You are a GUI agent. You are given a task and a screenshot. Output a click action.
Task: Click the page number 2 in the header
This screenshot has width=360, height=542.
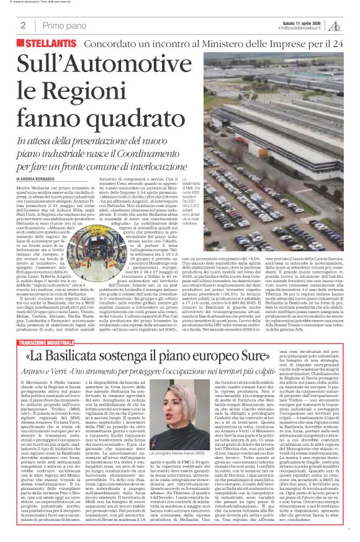(23, 25)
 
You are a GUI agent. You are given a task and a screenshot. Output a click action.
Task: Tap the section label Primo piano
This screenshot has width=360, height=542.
(61, 25)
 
